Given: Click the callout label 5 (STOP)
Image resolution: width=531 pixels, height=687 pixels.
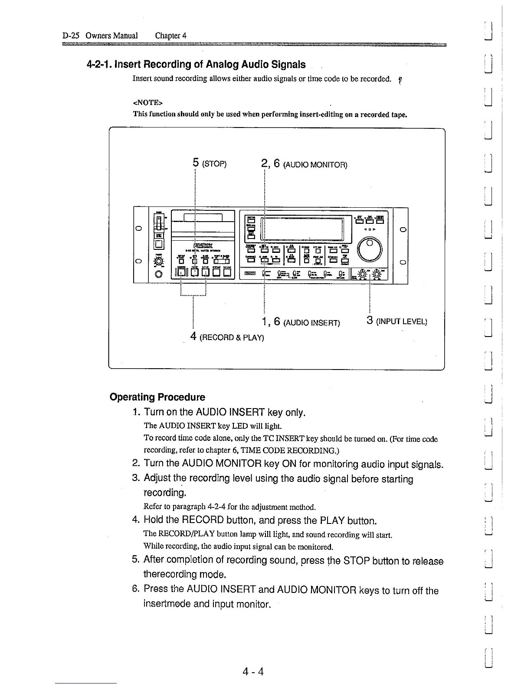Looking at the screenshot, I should pyautogui.click(x=210, y=164).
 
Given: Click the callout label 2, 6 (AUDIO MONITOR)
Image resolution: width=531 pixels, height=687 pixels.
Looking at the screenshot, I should pyautogui.click(x=304, y=164).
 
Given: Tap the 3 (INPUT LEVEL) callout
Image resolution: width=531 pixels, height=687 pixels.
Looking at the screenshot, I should pyautogui.click(x=397, y=321).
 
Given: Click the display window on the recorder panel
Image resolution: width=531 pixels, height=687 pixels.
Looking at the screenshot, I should pyautogui.click(x=303, y=229).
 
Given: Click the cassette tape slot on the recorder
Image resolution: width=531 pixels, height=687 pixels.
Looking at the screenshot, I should pyautogui.click(x=203, y=217).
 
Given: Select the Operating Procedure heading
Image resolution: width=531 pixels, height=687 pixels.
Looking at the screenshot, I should pyautogui.click(x=157, y=397).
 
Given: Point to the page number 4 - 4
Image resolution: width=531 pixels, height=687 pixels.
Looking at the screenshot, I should pyautogui.click(x=253, y=672).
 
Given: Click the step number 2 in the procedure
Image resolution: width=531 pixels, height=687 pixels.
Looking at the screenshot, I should pyautogui.click(x=135, y=464).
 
